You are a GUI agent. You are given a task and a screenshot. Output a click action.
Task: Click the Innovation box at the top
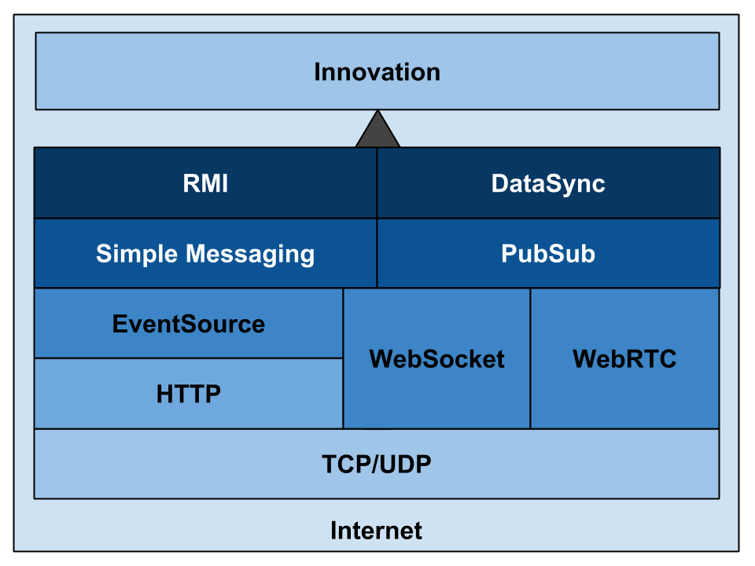click(x=377, y=72)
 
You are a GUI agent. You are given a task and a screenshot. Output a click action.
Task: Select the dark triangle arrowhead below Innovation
click(x=377, y=132)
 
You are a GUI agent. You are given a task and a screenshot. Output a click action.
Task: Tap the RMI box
click(x=205, y=183)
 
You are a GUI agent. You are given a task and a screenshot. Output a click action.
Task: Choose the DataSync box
click(x=548, y=183)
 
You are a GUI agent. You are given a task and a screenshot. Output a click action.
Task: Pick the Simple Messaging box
click(x=205, y=253)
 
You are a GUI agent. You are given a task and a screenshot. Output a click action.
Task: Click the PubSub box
click(x=548, y=253)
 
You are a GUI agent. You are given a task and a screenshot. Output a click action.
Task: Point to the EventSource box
click(x=188, y=323)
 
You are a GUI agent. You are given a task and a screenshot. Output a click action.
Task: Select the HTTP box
click(x=188, y=394)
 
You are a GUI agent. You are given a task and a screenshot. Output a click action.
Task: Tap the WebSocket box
click(x=436, y=358)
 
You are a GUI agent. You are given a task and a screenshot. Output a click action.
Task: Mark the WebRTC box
click(x=625, y=358)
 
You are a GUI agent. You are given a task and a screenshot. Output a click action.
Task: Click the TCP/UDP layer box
click(x=377, y=464)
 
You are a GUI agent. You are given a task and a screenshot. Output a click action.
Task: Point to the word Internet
click(x=376, y=531)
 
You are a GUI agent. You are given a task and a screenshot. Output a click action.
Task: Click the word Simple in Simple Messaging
click(x=137, y=254)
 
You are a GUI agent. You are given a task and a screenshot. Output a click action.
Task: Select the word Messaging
click(x=250, y=254)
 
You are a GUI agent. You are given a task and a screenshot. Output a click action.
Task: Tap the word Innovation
click(x=377, y=72)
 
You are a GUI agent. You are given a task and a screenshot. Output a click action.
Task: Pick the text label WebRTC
click(x=624, y=358)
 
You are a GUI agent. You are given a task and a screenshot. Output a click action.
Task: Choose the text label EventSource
click(x=188, y=323)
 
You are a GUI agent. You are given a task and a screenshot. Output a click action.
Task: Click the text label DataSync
click(x=548, y=184)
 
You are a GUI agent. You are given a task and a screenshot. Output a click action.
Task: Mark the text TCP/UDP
click(x=377, y=465)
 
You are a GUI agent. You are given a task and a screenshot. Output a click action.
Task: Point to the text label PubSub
click(x=548, y=253)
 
